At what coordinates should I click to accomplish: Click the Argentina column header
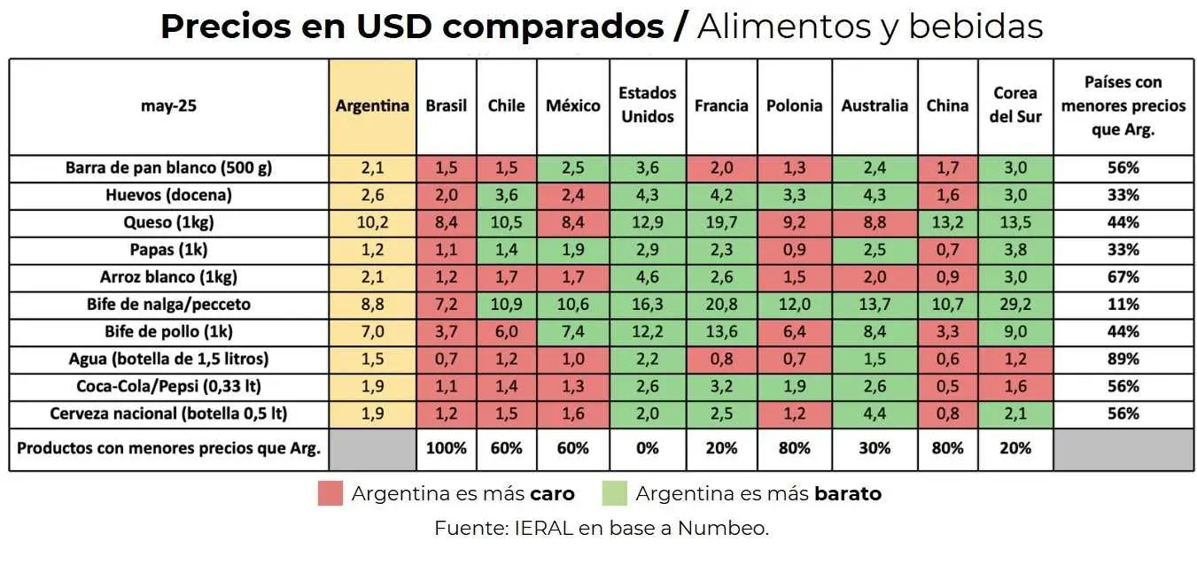[372, 106]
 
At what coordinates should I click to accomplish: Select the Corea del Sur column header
[1015, 105]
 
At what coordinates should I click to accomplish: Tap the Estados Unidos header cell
[647, 105]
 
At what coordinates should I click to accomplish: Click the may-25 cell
[168, 106]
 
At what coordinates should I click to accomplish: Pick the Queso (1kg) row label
[168, 222]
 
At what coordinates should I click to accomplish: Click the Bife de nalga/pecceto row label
[168, 305]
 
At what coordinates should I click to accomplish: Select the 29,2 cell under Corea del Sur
[1015, 305]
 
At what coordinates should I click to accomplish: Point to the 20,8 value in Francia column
[721, 305]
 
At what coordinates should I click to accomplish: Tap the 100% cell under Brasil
[446, 448]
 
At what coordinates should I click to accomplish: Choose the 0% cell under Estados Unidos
[647, 448]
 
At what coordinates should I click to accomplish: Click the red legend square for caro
[330, 493]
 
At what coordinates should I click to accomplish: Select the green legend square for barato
[614, 493]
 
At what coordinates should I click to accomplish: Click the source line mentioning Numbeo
[602, 529]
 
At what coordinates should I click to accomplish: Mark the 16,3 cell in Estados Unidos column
[647, 305]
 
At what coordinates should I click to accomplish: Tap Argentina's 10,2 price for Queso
[372, 222]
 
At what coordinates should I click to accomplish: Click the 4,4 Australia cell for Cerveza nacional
[874, 414]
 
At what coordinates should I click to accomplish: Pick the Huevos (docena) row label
[168, 195]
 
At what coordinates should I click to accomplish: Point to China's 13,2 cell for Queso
[947, 222]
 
